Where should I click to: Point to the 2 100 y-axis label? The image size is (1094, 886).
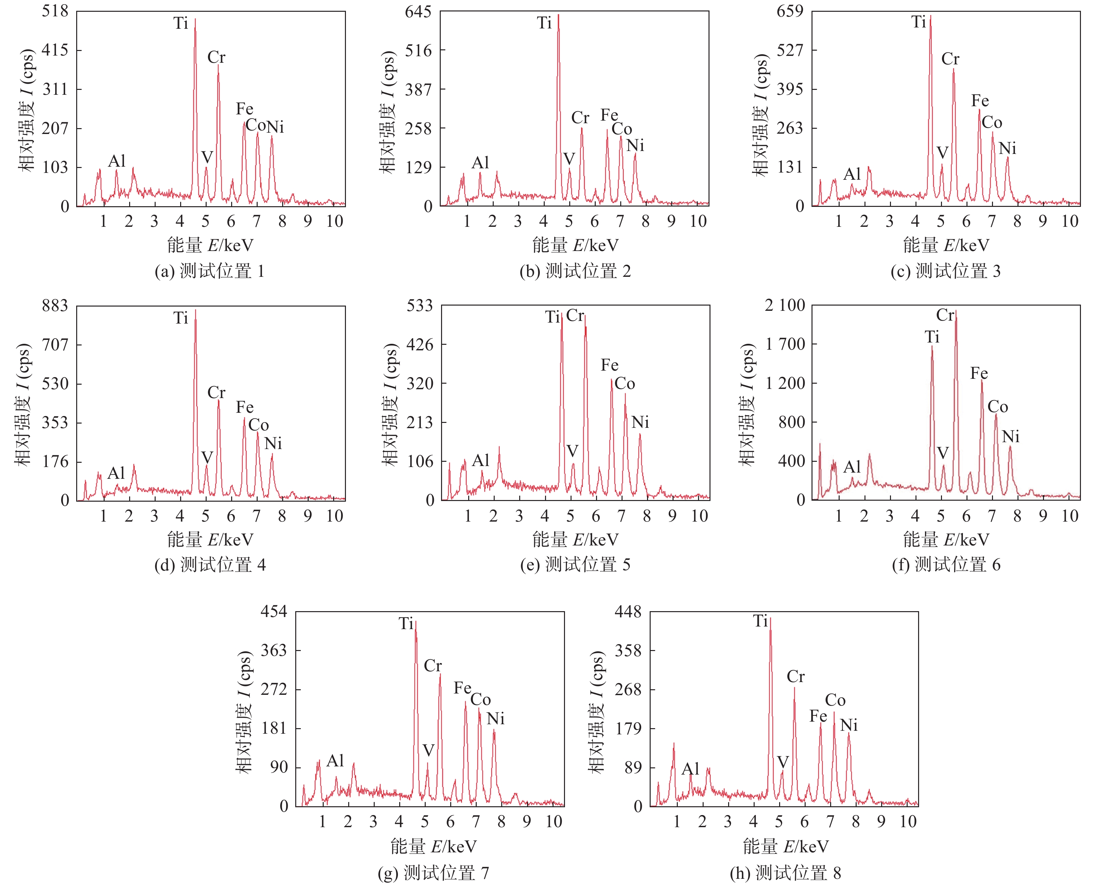tap(785, 305)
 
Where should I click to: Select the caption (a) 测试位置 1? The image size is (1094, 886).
tap(209, 271)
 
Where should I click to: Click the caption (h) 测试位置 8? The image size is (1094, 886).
tap(785, 873)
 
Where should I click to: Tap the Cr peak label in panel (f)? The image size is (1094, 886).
tap(945, 315)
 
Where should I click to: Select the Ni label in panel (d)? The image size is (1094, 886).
tap(273, 443)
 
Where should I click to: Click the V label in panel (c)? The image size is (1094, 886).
tap(942, 153)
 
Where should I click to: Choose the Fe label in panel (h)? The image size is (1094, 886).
tap(818, 716)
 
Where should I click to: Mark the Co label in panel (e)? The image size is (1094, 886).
tap(624, 384)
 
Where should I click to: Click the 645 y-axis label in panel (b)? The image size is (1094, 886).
tap(418, 11)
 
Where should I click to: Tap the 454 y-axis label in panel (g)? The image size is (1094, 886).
tap(274, 611)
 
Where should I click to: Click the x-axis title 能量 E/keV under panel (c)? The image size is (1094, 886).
tap(946, 245)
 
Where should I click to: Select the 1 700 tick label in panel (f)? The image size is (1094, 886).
tap(785, 344)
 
